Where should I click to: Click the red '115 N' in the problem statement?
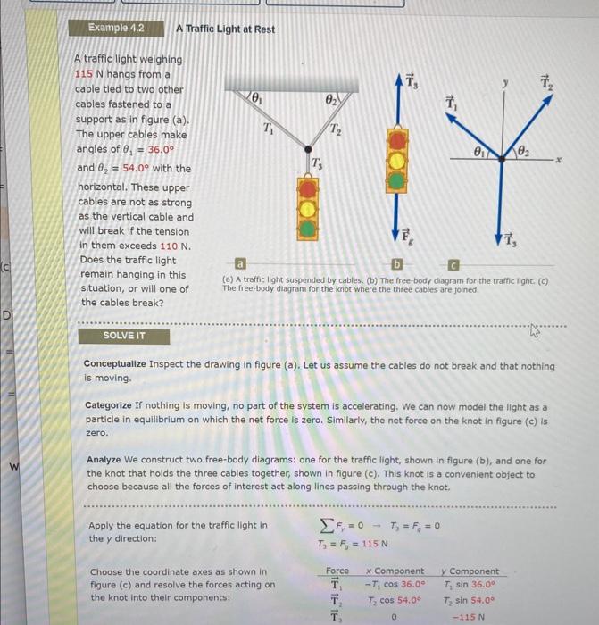90,75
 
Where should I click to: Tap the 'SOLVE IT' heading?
124,336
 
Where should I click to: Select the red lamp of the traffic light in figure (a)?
308,189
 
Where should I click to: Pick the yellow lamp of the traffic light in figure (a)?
308,209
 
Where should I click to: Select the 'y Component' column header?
470,571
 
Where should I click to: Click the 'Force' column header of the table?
337,571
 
